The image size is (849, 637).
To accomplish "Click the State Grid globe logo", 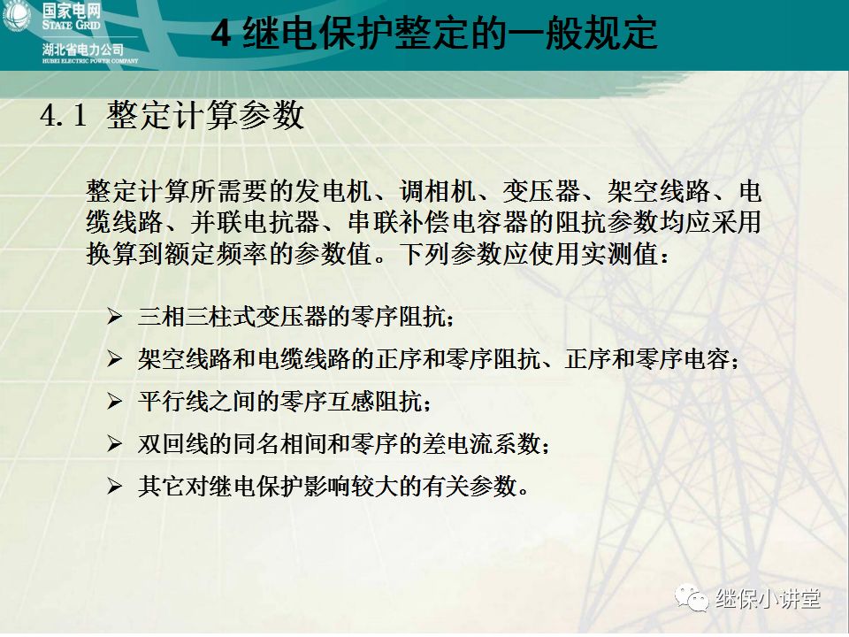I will [x=18, y=17].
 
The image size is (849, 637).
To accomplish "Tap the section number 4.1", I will [x=64, y=116].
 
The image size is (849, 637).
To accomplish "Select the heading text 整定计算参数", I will [x=205, y=116].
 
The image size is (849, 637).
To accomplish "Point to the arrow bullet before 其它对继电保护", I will [x=114, y=486].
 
